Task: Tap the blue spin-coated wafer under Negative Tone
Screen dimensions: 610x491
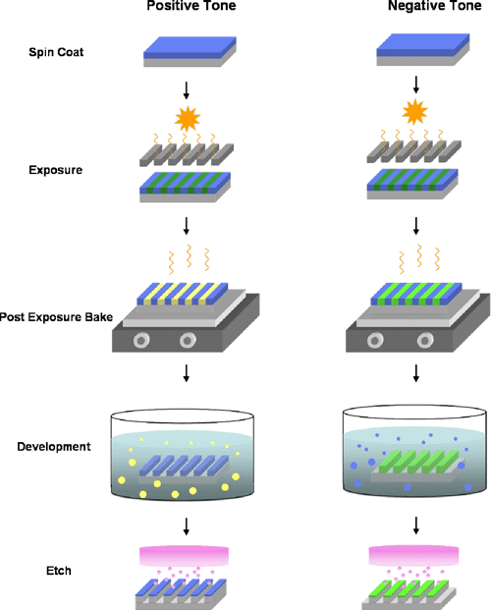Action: [416, 48]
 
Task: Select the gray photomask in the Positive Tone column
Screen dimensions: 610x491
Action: [187, 156]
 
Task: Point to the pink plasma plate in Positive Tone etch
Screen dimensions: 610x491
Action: [187, 555]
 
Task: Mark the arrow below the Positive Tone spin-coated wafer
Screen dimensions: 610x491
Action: [187, 90]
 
